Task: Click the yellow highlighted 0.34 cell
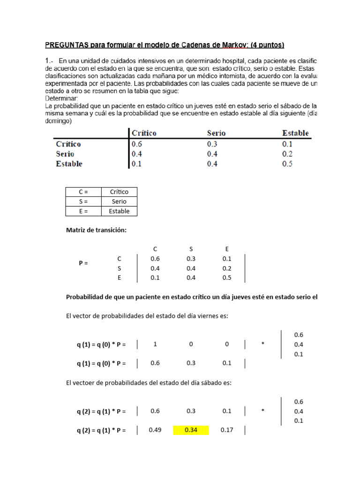(x=191, y=430)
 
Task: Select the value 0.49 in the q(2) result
(x=155, y=430)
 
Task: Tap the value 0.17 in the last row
(x=227, y=430)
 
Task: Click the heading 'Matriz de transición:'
(x=96, y=230)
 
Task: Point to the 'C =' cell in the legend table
(x=83, y=192)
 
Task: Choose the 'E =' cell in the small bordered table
(x=83, y=211)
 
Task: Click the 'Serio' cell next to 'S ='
(x=119, y=202)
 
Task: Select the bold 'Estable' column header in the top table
(x=295, y=133)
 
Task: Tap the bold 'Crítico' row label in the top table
(x=68, y=144)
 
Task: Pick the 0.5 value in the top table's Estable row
(x=287, y=164)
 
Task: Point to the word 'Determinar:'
(x=62, y=99)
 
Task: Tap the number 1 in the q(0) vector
(x=155, y=345)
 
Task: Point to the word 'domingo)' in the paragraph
(x=59, y=121)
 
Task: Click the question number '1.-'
(x=50, y=60)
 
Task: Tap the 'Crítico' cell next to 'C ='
(x=119, y=192)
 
